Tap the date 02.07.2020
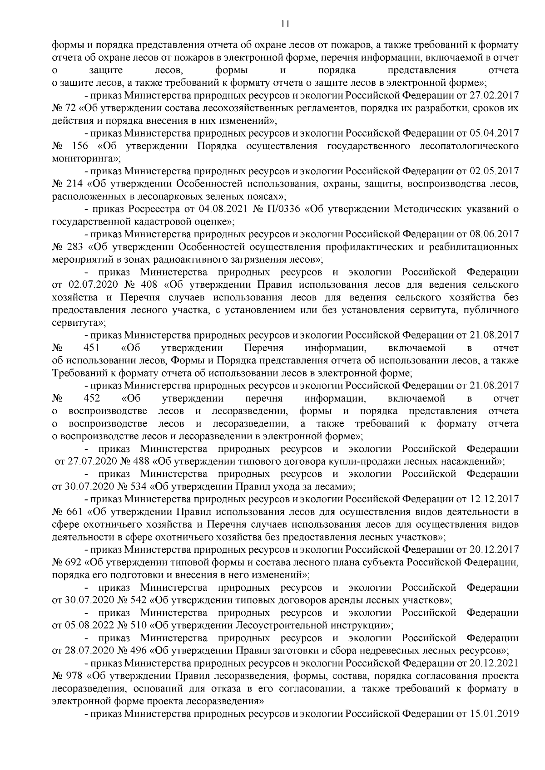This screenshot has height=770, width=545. coord(90,285)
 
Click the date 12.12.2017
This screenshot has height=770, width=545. coord(494,500)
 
